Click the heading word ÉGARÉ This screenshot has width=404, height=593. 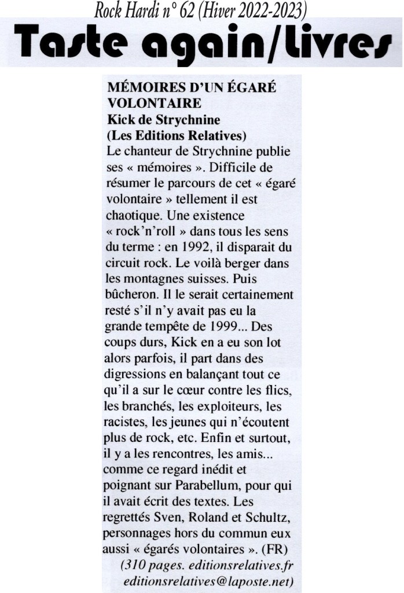point(248,88)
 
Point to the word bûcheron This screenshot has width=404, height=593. point(133,294)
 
